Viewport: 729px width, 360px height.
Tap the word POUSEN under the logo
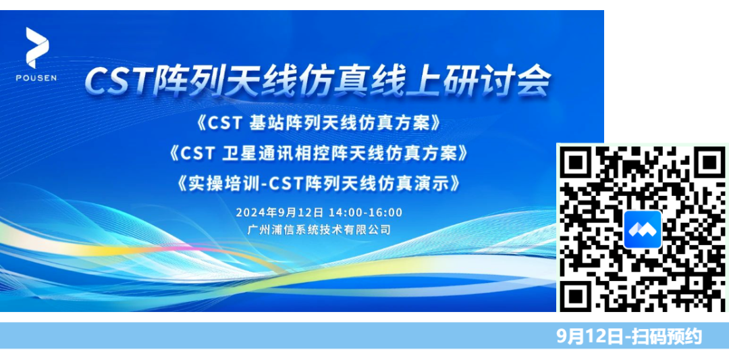coord(36,78)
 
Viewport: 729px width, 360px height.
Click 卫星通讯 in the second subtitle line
coord(258,153)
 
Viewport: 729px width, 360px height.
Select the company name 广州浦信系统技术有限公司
coord(319,230)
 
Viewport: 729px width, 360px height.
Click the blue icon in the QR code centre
coord(642,230)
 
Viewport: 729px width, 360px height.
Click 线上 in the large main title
coord(406,82)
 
